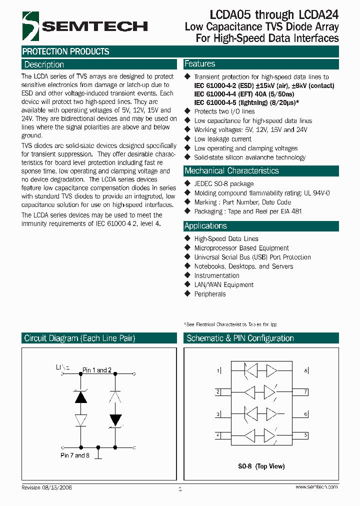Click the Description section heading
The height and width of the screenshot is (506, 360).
(44, 64)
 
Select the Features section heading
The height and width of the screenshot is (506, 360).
(199, 63)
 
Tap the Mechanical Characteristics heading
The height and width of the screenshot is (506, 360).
(231, 170)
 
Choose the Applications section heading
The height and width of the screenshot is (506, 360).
(205, 225)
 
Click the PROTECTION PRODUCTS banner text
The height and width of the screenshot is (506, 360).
(65, 51)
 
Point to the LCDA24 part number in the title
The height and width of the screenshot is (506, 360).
(319, 15)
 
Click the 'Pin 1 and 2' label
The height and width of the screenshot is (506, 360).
(97, 370)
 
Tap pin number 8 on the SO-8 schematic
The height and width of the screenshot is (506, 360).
(306, 370)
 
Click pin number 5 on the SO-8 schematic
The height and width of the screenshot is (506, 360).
(306, 435)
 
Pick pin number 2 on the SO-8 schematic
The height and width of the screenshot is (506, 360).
(218, 392)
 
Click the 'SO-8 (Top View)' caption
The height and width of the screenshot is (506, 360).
(261, 466)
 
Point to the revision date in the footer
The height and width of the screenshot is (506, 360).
(46, 487)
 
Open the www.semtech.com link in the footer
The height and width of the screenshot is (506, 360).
(316, 486)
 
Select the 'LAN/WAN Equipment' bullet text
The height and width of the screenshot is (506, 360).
(223, 284)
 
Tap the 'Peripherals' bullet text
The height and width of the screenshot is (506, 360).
(210, 294)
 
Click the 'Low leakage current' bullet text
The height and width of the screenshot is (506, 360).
(222, 139)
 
